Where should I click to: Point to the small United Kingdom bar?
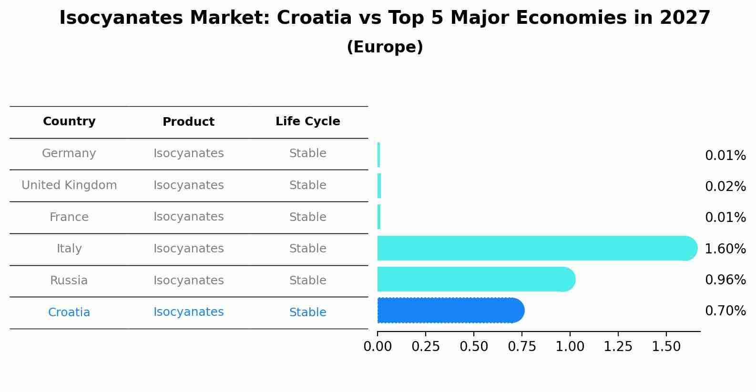[379, 186]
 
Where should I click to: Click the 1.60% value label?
[725, 249]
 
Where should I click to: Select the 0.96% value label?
[725, 280]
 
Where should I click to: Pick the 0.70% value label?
[725, 311]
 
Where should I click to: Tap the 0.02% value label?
[725, 186]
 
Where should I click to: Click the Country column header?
[69, 121]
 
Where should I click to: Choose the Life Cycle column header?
[307, 121]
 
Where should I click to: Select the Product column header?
[188, 122]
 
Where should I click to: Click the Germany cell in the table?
[69, 153]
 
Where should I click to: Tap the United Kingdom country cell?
[69, 185]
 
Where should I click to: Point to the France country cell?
[69, 217]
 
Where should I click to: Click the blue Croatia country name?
[69, 312]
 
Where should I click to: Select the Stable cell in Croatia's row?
[307, 312]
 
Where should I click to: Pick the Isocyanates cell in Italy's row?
[188, 249]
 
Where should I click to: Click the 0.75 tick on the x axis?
[522, 347]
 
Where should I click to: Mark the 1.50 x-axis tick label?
[666, 347]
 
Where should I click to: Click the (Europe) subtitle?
[385, 47]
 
